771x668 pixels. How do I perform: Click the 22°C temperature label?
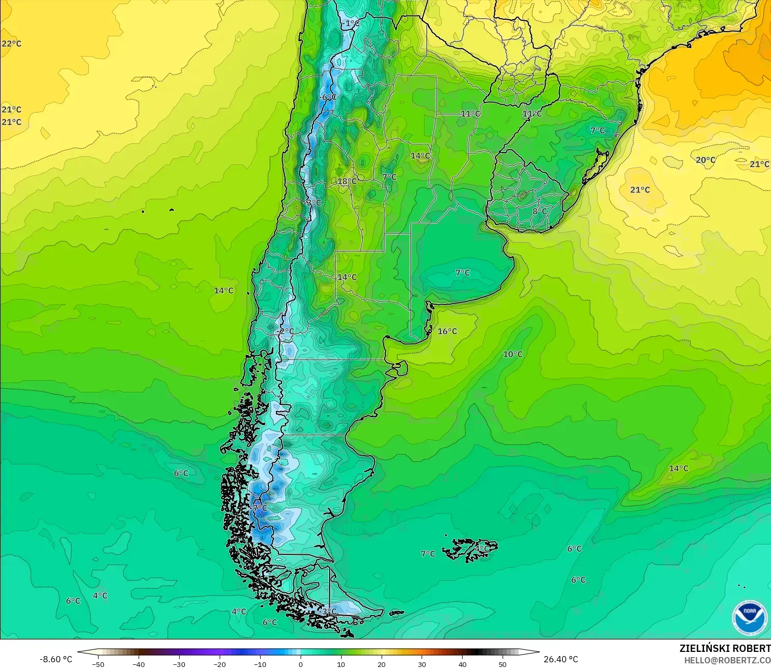tap(11, 44)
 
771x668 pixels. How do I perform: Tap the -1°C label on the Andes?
tap(351, 23)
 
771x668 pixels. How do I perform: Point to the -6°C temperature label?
tap(328, 97)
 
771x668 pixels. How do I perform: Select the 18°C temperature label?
tap(347, 181)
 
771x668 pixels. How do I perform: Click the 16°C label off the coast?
tap(447, 331)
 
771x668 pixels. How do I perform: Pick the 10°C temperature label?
tap(512, 354)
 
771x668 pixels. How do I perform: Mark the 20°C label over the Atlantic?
tap(705, 160)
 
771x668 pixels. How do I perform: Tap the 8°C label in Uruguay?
tap(539, 211)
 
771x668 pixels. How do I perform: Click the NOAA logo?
tap(749, 617)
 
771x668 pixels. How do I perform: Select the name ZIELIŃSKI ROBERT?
tap(725, 648)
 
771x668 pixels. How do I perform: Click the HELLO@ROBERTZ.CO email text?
tap(727, 660)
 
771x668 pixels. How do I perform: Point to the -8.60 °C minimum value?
tap(56, 659)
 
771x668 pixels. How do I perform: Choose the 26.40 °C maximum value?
tap(560, 659)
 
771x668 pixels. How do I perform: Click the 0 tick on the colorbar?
tap(301, 664)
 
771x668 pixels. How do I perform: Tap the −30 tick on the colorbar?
tap(179, 664)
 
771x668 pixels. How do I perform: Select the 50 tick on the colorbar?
tap(503, 664)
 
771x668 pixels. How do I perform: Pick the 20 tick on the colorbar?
tap(382, 664)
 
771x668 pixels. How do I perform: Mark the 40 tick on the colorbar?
tap(462, 664)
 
